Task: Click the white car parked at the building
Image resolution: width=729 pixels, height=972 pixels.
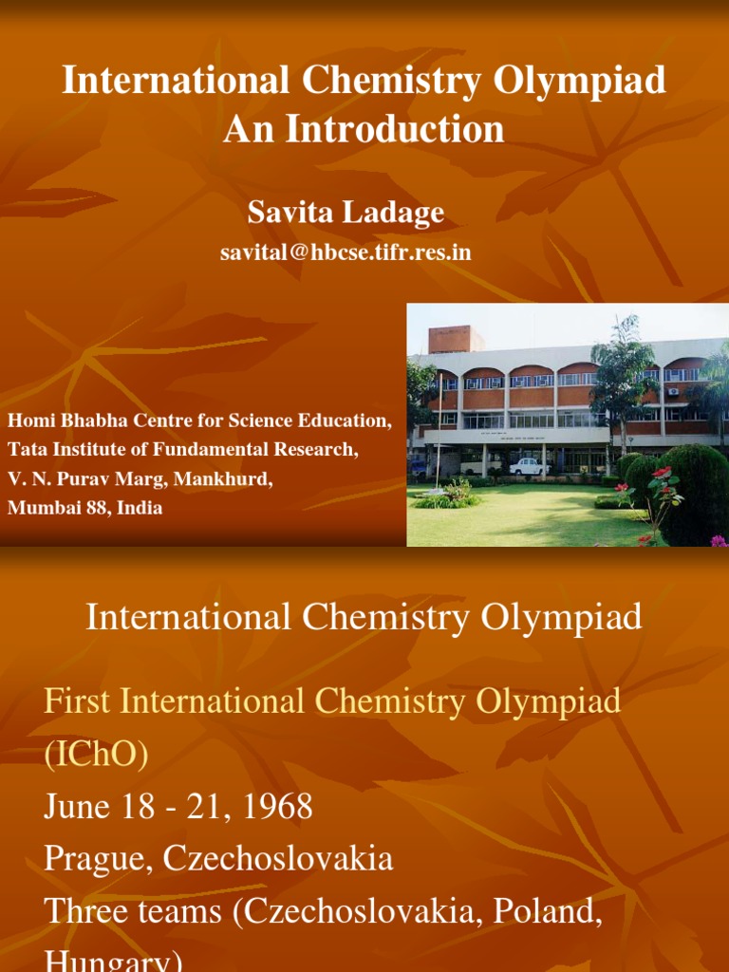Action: tap(529, 466)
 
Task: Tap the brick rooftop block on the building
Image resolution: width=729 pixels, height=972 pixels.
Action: tap(454, 339)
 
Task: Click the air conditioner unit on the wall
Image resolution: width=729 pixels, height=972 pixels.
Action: tap(672, 391)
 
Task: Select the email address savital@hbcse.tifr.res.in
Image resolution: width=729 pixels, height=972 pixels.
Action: tap(346, 252)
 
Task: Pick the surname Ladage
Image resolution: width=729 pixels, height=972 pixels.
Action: tap(397, 213)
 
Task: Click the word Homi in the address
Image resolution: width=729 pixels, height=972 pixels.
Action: tap(28, 421)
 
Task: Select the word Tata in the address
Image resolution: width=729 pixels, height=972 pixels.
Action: tap(26, 450)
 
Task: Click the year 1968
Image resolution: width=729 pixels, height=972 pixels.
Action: tap(276, 807)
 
